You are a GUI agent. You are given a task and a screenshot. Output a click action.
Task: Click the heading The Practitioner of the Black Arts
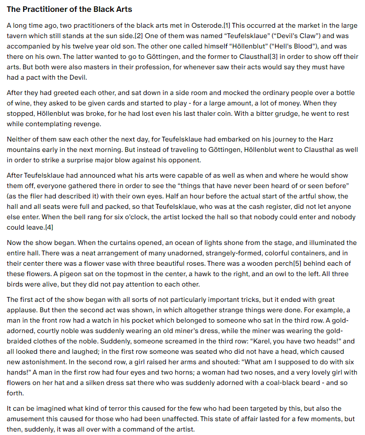(x=70, y=9)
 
